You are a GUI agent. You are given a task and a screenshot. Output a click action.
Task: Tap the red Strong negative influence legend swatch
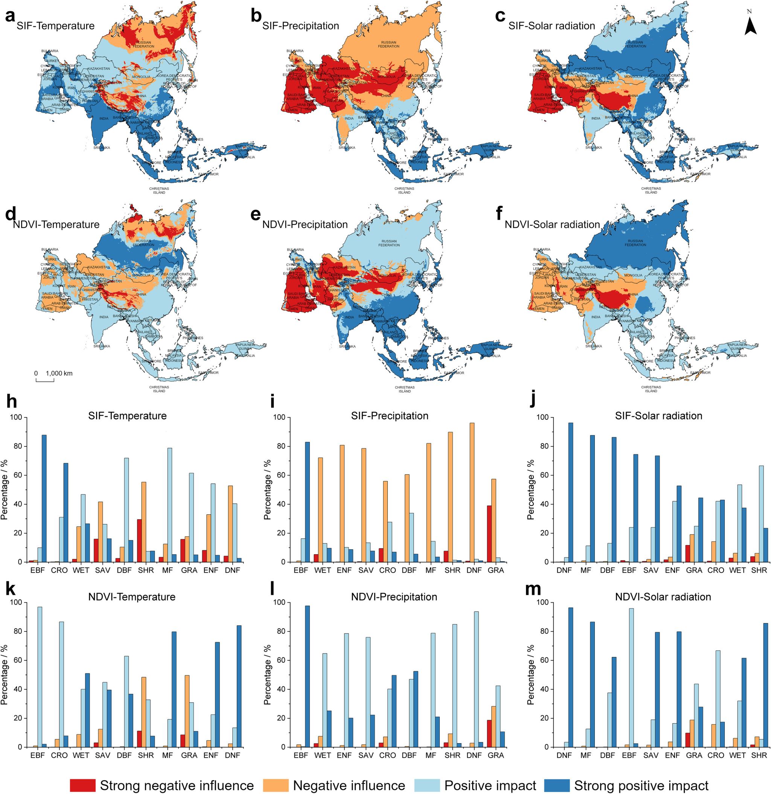point(83,774)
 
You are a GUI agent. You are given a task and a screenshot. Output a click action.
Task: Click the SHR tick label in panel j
point(760,570)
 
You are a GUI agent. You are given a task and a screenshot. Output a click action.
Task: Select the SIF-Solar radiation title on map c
point(552,26)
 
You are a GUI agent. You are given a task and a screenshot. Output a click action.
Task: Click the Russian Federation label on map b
point(389,44)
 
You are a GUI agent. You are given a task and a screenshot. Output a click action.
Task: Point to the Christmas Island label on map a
point(159,190)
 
